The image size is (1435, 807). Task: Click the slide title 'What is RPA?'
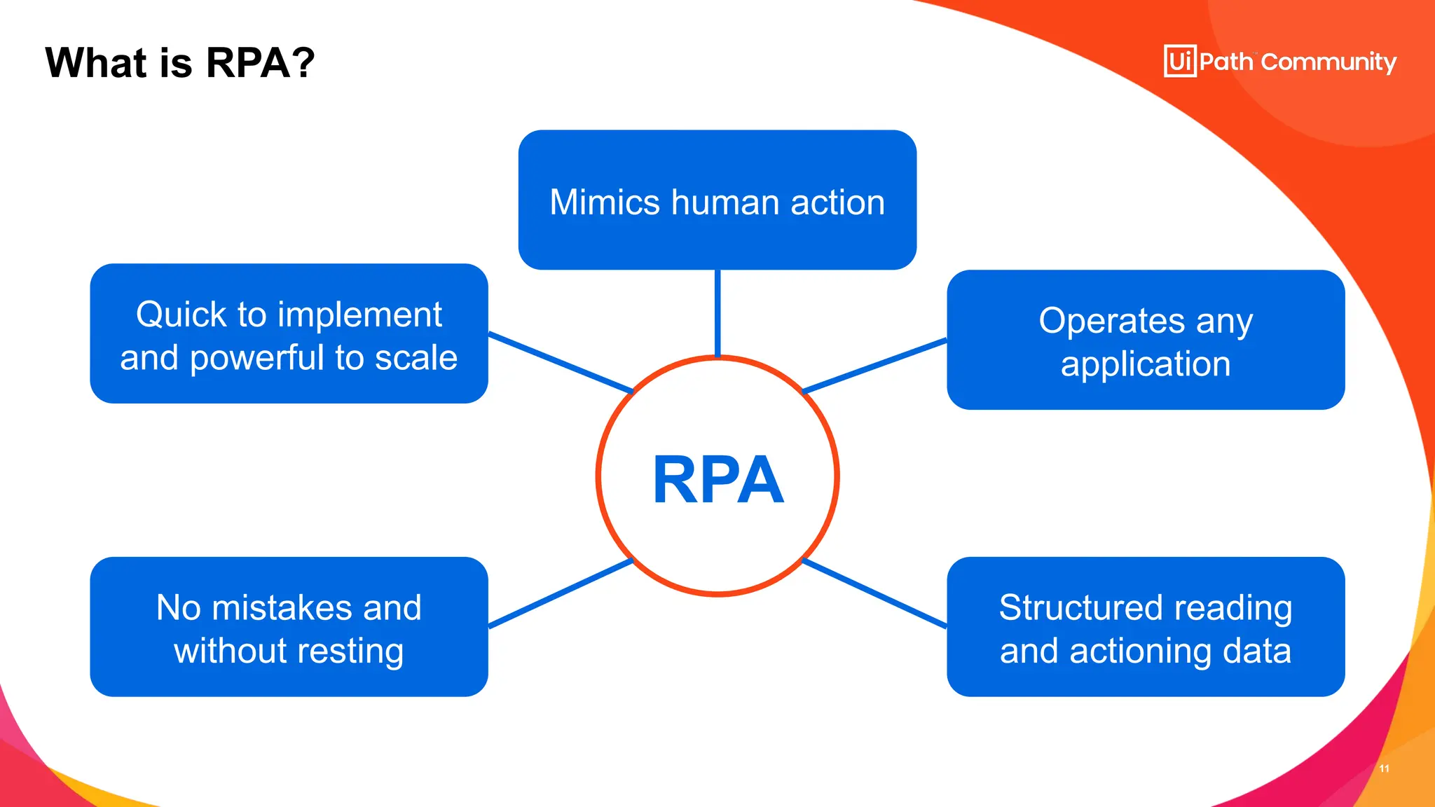tap(180, 63)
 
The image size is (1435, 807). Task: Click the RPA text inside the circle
tap(717, 480)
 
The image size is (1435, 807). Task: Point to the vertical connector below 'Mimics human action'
tap(717, 312)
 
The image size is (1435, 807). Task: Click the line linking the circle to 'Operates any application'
tap(874, 366)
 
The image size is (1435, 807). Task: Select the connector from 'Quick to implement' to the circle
tap(561, 363)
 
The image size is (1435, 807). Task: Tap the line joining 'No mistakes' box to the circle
tap(561, 593)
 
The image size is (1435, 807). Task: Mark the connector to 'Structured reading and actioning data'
tap(874, 593)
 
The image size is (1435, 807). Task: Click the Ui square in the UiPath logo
tap(1180, 62)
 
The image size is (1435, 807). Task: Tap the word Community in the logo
tap(1328, 62)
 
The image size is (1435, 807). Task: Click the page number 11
tap(1384, 768)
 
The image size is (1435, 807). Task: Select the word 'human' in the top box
tap(725, 202)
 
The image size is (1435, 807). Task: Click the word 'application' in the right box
tap(1145, 364)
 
